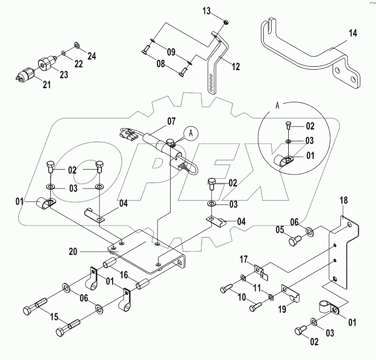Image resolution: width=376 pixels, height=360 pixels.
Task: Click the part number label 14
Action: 353,34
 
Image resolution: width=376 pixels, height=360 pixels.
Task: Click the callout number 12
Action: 236,67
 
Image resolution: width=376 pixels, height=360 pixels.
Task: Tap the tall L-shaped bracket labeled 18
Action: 347,244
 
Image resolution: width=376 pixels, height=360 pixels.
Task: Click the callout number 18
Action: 343,200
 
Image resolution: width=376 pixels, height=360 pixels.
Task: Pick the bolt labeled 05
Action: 295,240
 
